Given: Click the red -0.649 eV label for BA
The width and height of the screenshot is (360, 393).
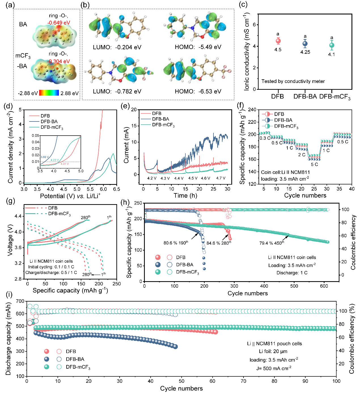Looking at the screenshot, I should (x=59, y=23).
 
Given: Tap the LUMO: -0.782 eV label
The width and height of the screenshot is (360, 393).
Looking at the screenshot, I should (x=117, y=91).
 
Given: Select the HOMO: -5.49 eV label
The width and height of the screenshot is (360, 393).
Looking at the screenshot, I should (x=198, y=47).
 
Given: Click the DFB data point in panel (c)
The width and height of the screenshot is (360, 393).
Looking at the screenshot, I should (x=278, y=41).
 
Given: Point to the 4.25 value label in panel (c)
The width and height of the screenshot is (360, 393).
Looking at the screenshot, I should (x=305, y=52).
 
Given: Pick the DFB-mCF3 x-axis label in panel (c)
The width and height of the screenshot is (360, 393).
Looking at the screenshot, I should (x=335, y=97).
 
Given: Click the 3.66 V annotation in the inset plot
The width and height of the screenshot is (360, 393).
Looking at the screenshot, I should (x=45, y=157).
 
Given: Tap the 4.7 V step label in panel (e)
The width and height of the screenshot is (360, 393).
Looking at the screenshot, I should (x=221, y=178).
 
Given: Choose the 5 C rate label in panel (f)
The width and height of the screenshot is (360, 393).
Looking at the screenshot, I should (x=314, y=165).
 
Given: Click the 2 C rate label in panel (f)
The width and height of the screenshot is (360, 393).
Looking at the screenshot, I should (x=302, y=155).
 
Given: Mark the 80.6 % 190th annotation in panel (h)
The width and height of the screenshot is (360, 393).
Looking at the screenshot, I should (x=176, y=243).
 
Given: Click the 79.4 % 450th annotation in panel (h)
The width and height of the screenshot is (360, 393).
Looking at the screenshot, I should (x=272, y=243).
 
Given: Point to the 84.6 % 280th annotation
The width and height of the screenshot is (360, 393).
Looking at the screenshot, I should (x=219, y=243).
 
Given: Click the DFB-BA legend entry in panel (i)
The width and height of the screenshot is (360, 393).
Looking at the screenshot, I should (x=75, y=359).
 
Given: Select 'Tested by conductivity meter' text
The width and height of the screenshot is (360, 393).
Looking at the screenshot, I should (x=293, y=81).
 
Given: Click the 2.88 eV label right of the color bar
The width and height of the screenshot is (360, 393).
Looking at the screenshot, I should (x=69, y=93).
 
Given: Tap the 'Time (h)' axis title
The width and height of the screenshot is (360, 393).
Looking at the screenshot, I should (x=185, y=195).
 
